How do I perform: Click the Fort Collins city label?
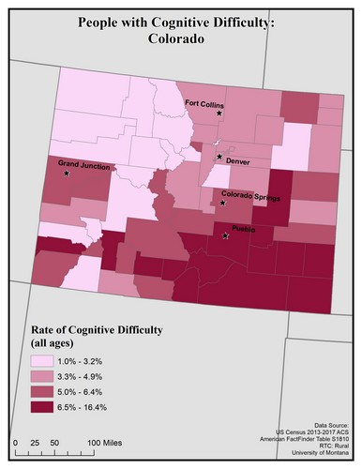click(204, 103)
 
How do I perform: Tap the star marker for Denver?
click(219, 157)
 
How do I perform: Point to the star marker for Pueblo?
click(225, 236)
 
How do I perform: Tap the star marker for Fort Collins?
click(219, 113)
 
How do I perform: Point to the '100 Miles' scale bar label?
click(110, 441)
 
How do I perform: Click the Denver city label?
click(240, 160)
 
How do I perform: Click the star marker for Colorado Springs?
click(223, 202)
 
